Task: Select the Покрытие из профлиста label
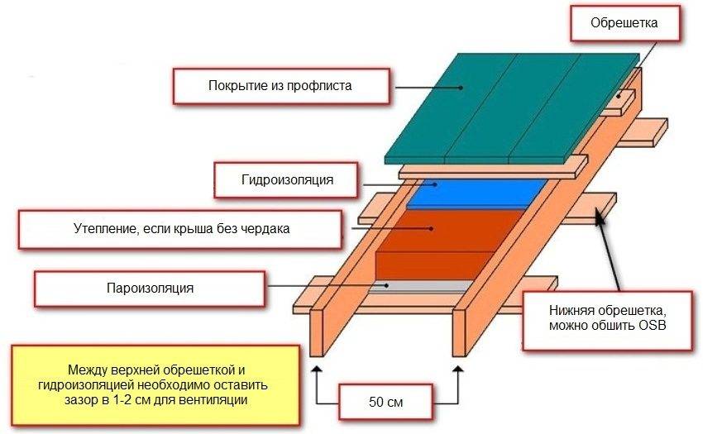pos(280,85)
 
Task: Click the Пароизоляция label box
pos(150,289)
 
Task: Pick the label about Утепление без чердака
pos(179,228)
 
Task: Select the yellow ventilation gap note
pos(154,383)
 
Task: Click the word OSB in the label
pos(652,326)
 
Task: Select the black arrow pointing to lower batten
pos(615,256)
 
